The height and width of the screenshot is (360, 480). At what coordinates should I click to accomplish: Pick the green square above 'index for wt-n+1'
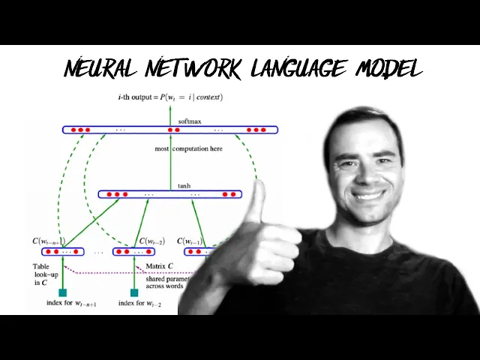click(62, 292)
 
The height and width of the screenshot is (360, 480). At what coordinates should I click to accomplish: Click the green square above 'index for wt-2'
click(134, 292)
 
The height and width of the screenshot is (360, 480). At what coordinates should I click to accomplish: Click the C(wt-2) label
click(151, 241)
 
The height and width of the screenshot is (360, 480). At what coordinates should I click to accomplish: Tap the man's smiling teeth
click(369, 194)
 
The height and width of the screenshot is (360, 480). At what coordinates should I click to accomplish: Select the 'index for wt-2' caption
click(142, 304)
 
